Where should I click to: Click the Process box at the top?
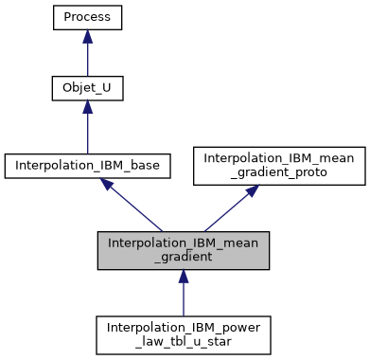pyautogui.click(x=87, y=17)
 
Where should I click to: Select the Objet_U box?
pyautogui.click(x=87, y=90)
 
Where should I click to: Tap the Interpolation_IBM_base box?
pyautogui.click(x=87, y=165)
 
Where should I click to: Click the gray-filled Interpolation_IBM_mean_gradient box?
pyautogui.click(x=184, y=249)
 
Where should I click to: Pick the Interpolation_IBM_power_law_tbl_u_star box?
pyautogui.click(x=184, y=333)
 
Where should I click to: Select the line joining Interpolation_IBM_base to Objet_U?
pyautogui.click(x=87, y=133)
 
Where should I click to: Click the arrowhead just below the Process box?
pyautogui.click(x=87, y=37)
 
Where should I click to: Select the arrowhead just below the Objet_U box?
pyautogui.click(x=87, y=110)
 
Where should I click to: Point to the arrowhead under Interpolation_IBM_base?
pyautogui.click(x=109, y=187)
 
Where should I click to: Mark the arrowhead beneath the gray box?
pyautogui.click(x=184, y=276)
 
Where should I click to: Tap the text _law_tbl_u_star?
pyautogui.click(x=184, y=341)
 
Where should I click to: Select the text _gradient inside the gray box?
pyautogui.click(x=184, y=257)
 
